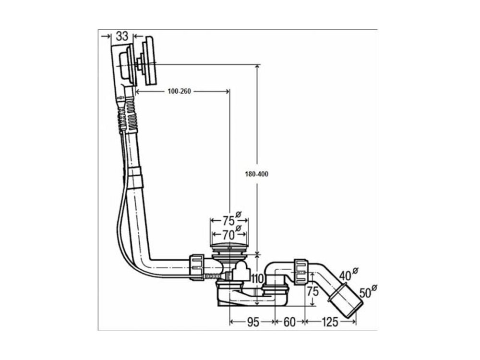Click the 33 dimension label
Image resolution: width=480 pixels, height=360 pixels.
121,36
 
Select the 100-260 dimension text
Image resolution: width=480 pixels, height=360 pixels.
180,92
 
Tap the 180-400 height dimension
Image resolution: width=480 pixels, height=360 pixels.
256,174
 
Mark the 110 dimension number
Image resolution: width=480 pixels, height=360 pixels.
257,279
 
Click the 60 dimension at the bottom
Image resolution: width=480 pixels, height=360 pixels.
289,322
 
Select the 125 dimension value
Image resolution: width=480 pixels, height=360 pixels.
329,322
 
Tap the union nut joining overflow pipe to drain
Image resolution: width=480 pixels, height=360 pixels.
197,265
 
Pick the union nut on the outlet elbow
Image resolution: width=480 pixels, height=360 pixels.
300,272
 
